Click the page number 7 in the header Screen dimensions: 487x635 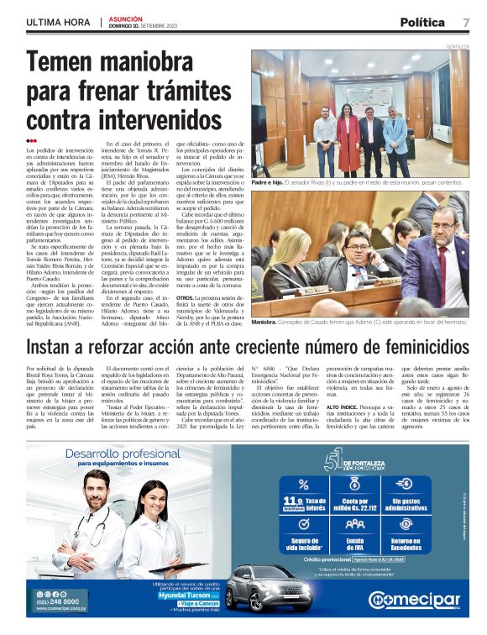(x=465, y=22)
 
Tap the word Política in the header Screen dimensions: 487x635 (x=422, y=22)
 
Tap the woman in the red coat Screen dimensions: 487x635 (x=348, y=139)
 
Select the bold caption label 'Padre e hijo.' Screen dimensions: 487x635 (x=266, y=181)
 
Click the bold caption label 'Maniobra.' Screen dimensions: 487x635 (x=264, y=321)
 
